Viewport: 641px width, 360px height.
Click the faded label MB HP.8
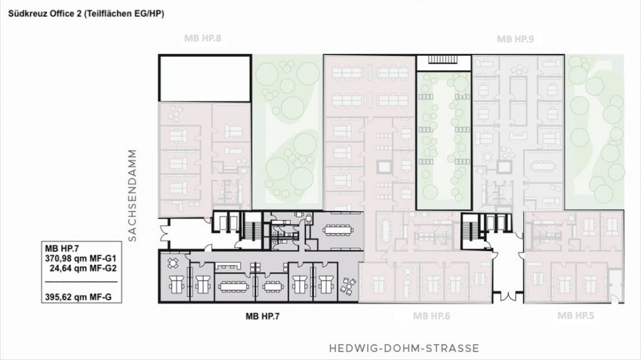click(x=203, y=38)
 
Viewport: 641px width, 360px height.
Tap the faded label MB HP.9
click(x=515, y=39)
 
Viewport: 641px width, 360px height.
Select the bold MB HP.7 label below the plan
click(x=262, y=316)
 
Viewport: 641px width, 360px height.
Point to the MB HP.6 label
click(x=431, y=316)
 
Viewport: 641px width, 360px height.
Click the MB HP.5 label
click(x=576, y=316)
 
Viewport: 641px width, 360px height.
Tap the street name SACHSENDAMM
click(x=132, y=195)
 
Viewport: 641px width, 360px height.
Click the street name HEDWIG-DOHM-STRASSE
click(x=404, y=349)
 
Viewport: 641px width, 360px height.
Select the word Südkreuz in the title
click(x=27, y=14)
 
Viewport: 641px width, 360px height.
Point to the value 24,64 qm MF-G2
click(x=83, y=269)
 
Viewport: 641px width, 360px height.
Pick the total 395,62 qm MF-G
click(x=78, y=297)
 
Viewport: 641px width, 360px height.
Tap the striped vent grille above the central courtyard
click(x=443, y=59)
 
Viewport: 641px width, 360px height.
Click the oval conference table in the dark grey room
click(x=337, y=230)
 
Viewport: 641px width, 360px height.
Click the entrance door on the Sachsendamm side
click(x=164, y=234)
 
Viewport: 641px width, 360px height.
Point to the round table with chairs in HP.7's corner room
click(x=173, y=264)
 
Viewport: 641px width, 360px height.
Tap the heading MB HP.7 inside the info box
click(x=62, y=249)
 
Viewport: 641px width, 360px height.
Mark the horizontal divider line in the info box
click(x=81, y=282)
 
